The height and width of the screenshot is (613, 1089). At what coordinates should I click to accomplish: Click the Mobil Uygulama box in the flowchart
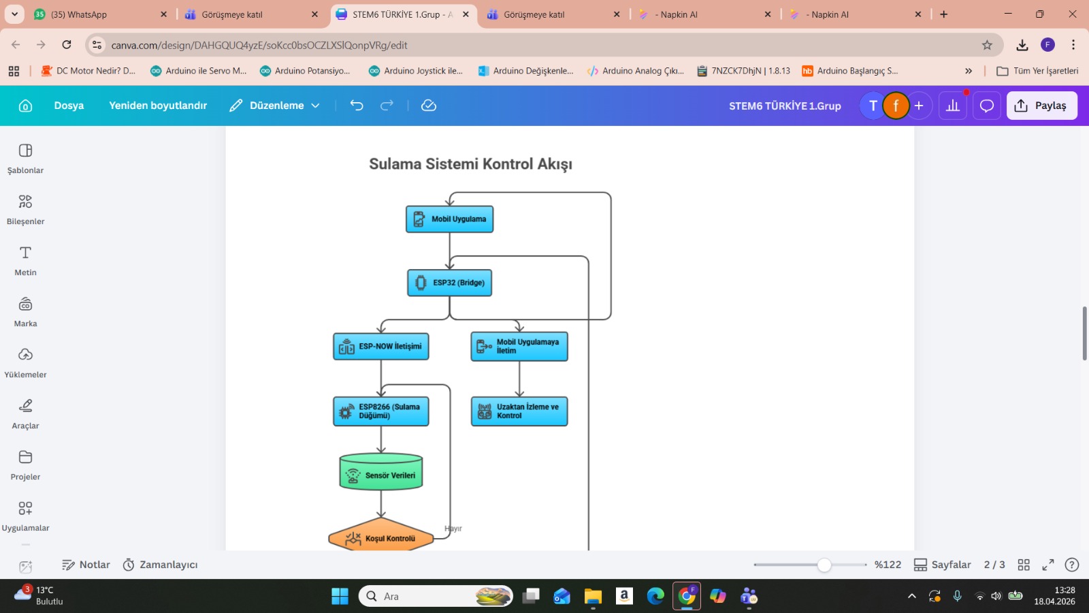(x=449, y=219)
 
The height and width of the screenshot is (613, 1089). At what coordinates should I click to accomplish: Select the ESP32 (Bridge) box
(x=449, y=283)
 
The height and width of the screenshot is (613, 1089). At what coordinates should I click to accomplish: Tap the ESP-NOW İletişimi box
(x=381, y=347)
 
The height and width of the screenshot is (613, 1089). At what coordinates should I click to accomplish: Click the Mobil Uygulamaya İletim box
(x=519, y=347)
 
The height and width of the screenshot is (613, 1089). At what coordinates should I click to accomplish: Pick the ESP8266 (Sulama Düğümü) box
(x=381, y=411)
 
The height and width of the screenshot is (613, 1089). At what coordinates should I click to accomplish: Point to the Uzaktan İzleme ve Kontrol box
(x=519, y=411)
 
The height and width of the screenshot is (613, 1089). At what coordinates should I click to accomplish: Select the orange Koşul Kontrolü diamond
(x=381, y=537)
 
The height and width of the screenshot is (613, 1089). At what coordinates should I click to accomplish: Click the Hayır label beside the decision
(x=453, y=529)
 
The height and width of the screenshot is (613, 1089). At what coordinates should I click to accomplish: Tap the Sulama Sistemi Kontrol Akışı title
(x=470, y=164)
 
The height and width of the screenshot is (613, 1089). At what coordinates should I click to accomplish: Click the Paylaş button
(x=1041, y=106)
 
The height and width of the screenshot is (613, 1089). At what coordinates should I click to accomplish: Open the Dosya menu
(x=69, y=106)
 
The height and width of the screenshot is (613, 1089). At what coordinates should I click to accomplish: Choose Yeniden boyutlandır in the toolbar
(x=158, y=106)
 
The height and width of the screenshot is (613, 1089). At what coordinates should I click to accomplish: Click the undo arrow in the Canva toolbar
(x=357, y=106)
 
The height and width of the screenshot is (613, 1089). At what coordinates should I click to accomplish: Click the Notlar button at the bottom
(x=86, y=565)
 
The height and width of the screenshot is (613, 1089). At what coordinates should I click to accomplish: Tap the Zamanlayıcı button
(x=160, y=565)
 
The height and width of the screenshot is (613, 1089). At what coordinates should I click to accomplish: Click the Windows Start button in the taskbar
(x=340, y=597)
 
